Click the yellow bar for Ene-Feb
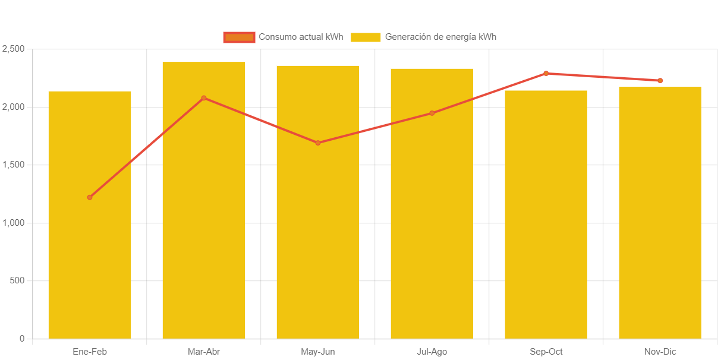tap(90, 238)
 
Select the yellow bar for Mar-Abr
tap(204, 226)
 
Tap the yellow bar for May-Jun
tap(318, 238)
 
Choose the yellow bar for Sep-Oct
tap(546, 238)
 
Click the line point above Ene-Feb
tap(90, 197)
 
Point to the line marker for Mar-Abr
tap(204, 98)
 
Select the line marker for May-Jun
tap(318, 143)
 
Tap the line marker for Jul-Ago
tap(432, 113)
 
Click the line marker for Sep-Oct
tap(546, 74)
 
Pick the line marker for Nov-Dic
tap(660, 81)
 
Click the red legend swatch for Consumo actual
tap(239, 37)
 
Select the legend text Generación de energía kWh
tap(440, 37)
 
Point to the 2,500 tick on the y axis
tap(13, 49)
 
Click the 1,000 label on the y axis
tap(13, 223)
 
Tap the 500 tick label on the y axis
tap(17, 280)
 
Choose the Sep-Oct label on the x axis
tap(546, 352)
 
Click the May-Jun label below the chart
tap(318, 352)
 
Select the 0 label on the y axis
tap(22, 339)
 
